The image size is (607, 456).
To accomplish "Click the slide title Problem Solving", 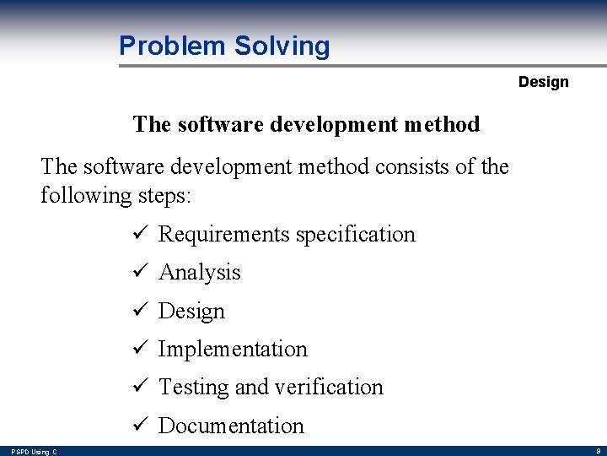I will tap(224, 46).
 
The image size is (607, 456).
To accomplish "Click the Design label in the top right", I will tap(543, 82).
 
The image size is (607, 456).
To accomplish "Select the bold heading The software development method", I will tap(306, 124).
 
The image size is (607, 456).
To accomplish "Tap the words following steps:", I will tap(116, 196).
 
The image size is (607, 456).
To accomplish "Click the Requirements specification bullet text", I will tap(287, 234).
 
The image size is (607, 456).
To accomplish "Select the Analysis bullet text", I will tap(200, 272).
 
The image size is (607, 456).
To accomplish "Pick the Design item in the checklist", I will tap(191, 311).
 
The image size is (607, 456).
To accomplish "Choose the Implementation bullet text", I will tap(233, 349).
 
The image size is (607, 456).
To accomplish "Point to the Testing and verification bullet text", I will tap(271, 387).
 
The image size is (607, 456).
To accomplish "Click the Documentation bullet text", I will tap(231, 426).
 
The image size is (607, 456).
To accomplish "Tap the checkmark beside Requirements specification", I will tap(141, 234).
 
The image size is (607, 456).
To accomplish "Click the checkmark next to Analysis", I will tap(141, 272).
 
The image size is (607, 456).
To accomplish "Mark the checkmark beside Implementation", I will tap(141, 349).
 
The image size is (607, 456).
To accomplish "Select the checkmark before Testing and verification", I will tap(141, 387).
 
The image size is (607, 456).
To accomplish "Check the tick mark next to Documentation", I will tap(141, 426).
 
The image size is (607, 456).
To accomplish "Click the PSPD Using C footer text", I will tap(34, 452).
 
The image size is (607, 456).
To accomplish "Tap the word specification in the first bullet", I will tap(358, 234).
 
